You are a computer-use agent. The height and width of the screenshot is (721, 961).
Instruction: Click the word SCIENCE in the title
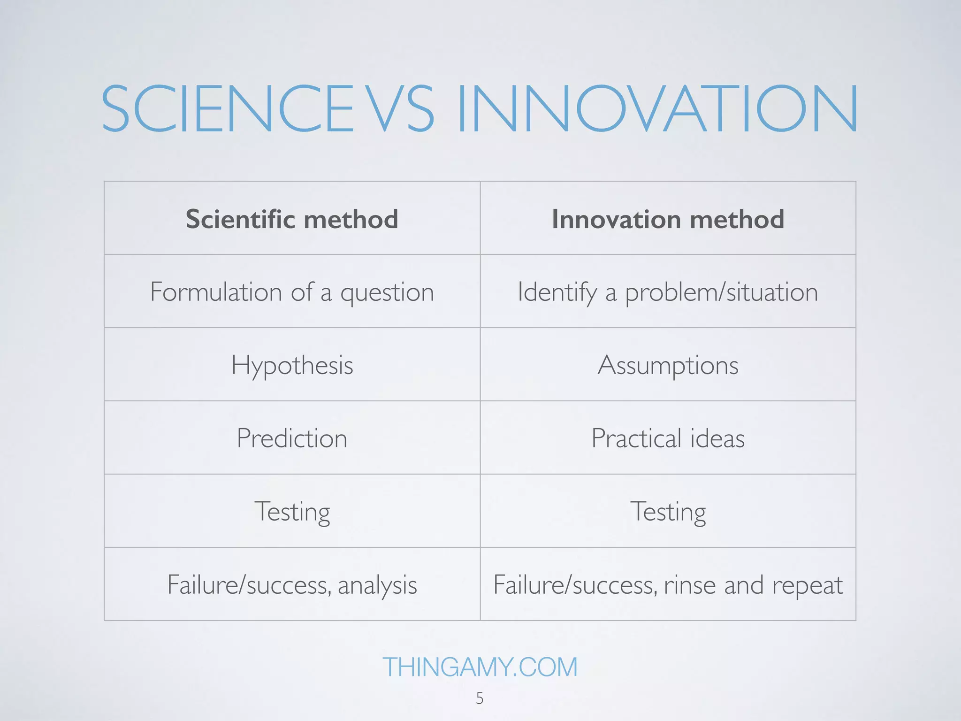pyautogui.click(x=227, y=109)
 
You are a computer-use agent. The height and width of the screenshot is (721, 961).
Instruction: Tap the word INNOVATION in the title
pyautogui.click(x=657, y=109)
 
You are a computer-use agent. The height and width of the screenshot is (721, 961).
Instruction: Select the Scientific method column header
pyautogui.click(x=292, y=219)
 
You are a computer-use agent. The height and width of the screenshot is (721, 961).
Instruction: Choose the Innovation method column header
pyautogui.click(x=668, y=219)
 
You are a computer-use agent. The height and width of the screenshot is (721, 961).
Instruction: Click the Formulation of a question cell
pyautogui.click(x=292, y=292)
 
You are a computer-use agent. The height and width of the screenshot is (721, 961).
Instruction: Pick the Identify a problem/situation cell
pyautogui.click(x=668, y=292)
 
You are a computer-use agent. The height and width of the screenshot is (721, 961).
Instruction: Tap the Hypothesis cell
pyautogui.click(x=292, y=365)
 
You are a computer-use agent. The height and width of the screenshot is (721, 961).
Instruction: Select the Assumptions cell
pyautogui.click(x=668, y=365)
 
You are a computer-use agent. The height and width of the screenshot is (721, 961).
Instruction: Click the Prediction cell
pyautogui.click(x=292, y=438)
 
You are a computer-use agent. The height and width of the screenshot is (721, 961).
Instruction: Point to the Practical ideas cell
pyautogui.click(x=668, y=438)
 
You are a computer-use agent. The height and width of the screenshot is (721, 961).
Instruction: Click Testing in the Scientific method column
pyautogui.click(x=292, y=512)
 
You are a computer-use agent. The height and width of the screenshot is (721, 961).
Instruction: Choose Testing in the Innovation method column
pyautogui.click(x=668, y=512)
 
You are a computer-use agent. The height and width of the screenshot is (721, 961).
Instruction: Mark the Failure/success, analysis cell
pyautogui.click(x=292, y=585)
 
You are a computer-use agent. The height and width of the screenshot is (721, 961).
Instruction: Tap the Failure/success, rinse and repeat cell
pyautogui.click(x=668, y=585)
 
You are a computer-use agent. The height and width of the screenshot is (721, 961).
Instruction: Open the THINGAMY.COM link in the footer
pyautogui.click(x=480, y=667)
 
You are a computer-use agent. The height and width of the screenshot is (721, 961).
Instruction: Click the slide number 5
pyautogui.click(x=480, y=698)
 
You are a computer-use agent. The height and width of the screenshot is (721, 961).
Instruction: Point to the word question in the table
pyautogui.click(x=387, y=293)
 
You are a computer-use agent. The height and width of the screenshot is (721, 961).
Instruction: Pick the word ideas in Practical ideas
pyautogui.click(x=717, y=438)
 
